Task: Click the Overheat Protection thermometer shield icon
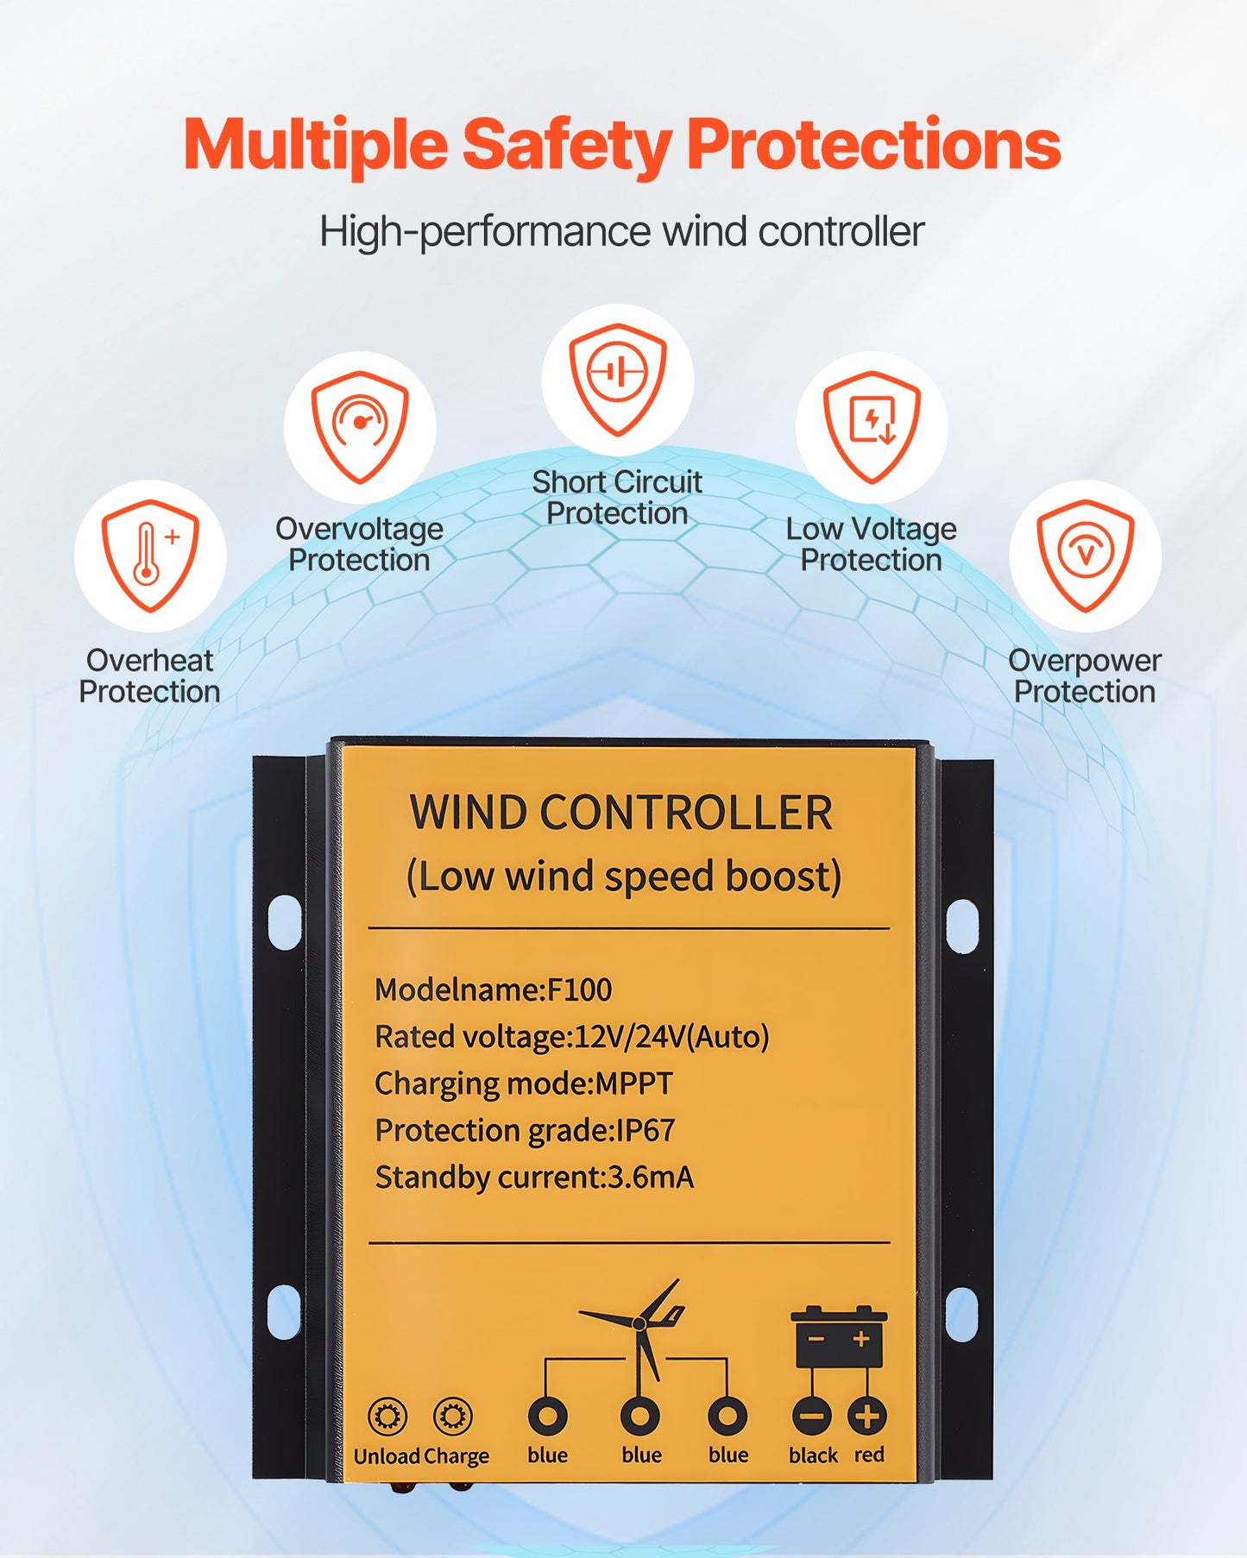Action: click(x=150, y=555)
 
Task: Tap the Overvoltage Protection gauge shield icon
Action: click(x=360, y=426)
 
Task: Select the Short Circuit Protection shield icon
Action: click(x=618, y=378)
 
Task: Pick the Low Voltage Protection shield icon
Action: click(x=872, y=426)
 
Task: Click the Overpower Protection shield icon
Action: click(x=1086, y=555)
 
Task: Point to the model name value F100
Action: click(x=580, y=989)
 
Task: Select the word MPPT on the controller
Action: click(x=633, y=1084)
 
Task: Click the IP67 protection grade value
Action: click(x=645, y=1130)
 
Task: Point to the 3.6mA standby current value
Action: click(x=651, y=1178)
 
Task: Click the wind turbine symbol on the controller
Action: click(x=639, y=1329)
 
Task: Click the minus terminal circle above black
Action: click(x=811, y=1417)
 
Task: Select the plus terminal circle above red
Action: click(x=867, y=1417)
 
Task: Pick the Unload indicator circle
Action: click(x=387, y=1417)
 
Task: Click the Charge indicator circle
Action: click(x=454, y=1417)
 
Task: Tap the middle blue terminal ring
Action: click(x=639, y=1417)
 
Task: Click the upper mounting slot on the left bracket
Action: click(x=285, y=922)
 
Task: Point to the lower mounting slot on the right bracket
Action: click(x=961, y=1313)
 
